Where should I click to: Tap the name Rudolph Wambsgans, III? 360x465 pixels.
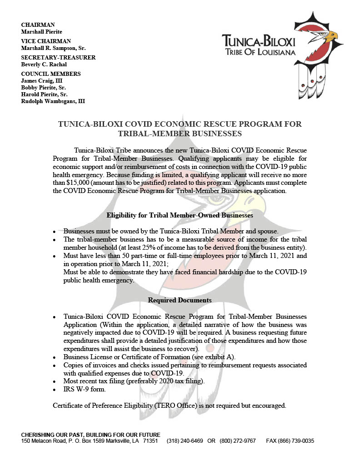pyautogui.click(x=53, y=101)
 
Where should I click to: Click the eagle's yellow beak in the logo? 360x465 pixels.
pyautogui.click(x=333, y=35)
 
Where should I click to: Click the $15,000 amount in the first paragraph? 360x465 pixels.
pyautogui.click(x=77, y=183)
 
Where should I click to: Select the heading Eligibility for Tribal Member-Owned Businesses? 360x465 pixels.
pyautogui.click(x=180, y=215)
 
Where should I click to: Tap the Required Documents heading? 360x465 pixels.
pyautogui.click(x=180, y=300)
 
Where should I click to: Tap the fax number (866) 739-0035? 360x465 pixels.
pyautogui.click(x=297, y=441)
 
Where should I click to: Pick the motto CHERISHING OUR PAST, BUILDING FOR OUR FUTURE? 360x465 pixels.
pyautogui.click(x=91, y=435)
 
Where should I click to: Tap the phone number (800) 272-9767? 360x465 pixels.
pyautogui.click(x=238, y=441)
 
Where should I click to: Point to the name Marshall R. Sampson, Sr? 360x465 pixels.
pyautogui.click(x=54, y=48)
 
